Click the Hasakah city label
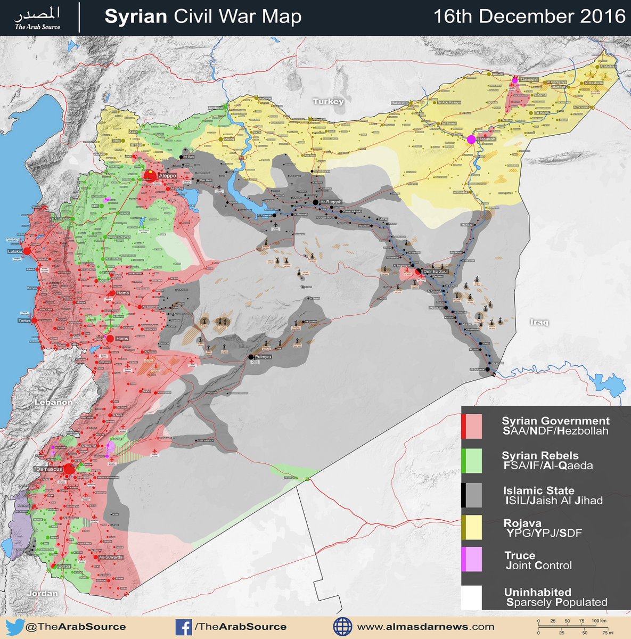pyautogui.click(x=487, y=139)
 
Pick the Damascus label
pyautogui.click(x=47, y=468)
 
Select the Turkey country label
pyautogui.click(x=328, y=101)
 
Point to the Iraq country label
pyautogui.click(x=539, y=322)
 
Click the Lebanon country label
pyautogui.click(x=53, y=402)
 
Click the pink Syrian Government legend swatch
pyautogui.click(x=472, y=427)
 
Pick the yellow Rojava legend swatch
pyautogui.click(x=472, y=528)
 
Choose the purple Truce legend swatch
pyautogui.click(x=472, y=560)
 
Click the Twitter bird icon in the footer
pyautogui.click(x=14, y=627)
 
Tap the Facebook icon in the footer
pyautogui.click(x=184, y=627)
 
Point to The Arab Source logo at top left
pyautogui.click(x=37, y=18)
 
